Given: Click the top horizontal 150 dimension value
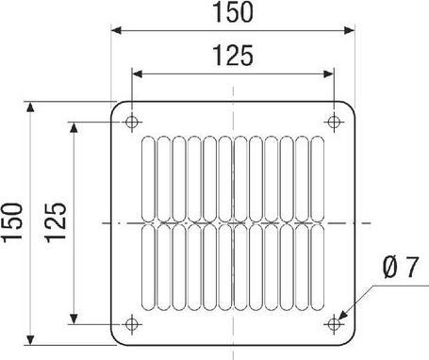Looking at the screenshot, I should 232,13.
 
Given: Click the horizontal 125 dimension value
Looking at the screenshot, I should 232,57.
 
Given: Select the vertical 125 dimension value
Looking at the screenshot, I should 55,223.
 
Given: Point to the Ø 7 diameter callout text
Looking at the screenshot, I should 400,270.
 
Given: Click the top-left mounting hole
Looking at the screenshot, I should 132,122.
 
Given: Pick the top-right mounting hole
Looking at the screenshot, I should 333,122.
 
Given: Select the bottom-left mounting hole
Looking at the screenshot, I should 132,323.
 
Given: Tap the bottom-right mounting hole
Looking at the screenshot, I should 333,323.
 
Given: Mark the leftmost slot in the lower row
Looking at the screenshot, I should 149,268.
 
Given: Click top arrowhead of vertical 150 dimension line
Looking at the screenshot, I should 33,107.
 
